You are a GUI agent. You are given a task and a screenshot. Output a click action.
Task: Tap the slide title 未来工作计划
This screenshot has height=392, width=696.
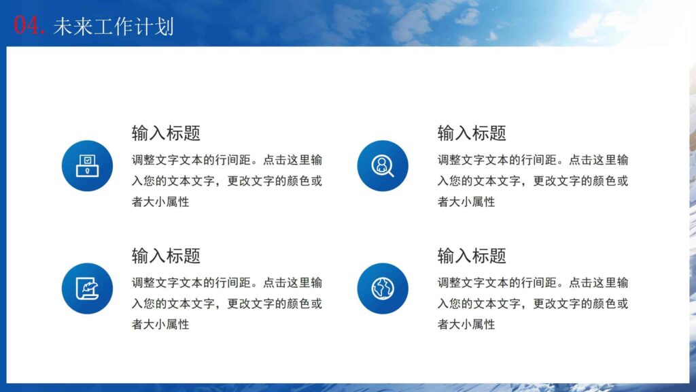coord(114,26)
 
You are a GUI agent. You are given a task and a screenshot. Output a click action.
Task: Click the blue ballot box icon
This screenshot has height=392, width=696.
coord(87,165)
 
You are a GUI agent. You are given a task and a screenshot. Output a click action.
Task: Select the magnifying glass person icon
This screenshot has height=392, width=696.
coord(382,165)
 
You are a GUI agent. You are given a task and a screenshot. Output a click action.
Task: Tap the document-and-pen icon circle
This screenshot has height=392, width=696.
coord(87,288)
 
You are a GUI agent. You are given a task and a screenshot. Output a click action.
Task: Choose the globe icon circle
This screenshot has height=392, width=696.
coord(382,288)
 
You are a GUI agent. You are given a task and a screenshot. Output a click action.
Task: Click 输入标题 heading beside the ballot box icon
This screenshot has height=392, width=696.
coord(166,133)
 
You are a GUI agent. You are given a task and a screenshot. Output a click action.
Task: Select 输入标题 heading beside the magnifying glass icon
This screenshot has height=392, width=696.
coord(472,133)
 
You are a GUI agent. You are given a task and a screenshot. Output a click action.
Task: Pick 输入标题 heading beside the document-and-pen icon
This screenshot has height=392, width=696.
coord(166,256)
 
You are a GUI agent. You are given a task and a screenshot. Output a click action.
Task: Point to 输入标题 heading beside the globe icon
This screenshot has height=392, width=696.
coord(472,256)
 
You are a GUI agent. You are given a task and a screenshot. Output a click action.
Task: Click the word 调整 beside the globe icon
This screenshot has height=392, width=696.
coord(449,283)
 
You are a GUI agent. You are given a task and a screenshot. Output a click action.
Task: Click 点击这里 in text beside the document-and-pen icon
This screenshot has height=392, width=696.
coord(286,283)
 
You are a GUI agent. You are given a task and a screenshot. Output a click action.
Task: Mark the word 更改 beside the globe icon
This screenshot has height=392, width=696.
coord(544,304)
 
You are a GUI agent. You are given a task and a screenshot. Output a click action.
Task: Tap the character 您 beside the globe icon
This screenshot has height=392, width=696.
coord(455,304)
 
